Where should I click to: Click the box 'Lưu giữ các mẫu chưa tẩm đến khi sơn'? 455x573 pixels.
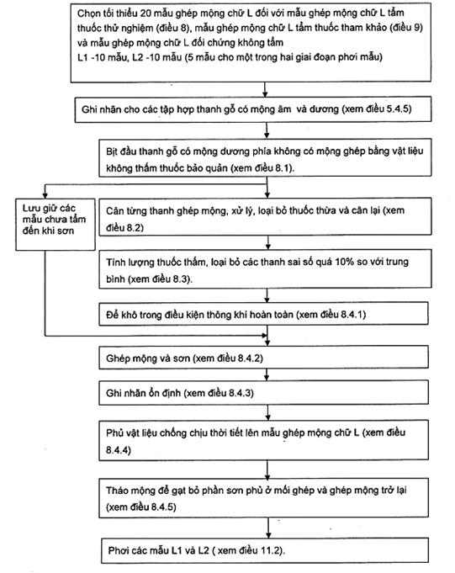coord(56,225)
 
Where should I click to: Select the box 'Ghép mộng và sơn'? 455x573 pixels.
coord(263,357)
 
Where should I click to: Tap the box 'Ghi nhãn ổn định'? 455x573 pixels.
coord(263,392)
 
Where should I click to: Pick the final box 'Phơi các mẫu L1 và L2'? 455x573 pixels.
coord(265,550)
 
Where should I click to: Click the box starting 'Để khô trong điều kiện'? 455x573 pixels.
coord(263,314)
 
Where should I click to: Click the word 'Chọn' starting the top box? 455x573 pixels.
coord(87,13)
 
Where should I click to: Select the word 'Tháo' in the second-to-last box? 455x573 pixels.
coord(116,491)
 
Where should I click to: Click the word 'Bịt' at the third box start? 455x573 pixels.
coord(111,151)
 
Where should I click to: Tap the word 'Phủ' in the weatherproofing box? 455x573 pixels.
coord(114,432)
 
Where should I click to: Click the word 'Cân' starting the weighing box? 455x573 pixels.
coord(114,211)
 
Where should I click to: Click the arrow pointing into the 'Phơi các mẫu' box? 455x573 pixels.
coord(268,528)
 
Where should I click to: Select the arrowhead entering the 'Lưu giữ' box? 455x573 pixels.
coord(45,195)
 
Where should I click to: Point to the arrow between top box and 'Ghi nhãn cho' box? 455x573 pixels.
coord(266,89)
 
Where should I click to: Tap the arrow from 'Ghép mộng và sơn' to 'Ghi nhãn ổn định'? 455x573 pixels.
coord(267,374)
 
